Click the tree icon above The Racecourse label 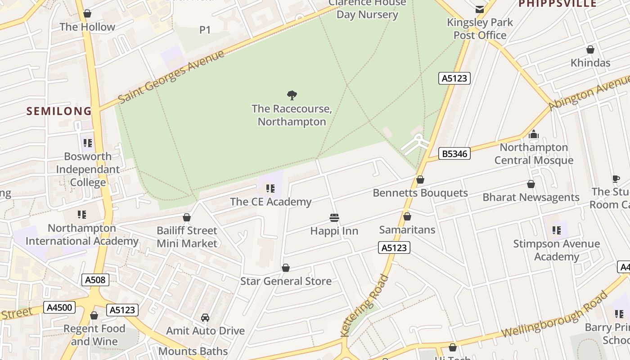292,95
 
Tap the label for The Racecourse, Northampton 292,115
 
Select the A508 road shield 95,280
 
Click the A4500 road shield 59,308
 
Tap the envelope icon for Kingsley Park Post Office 480,9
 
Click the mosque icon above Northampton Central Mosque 534,134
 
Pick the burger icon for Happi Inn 334,218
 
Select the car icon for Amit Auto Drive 205,318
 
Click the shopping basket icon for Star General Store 285,268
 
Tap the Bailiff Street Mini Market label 187,237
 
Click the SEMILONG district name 58,111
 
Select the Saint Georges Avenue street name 171,77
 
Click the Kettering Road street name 364,306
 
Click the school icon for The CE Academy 270,189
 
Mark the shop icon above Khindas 590,49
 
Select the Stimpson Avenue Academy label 556,250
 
